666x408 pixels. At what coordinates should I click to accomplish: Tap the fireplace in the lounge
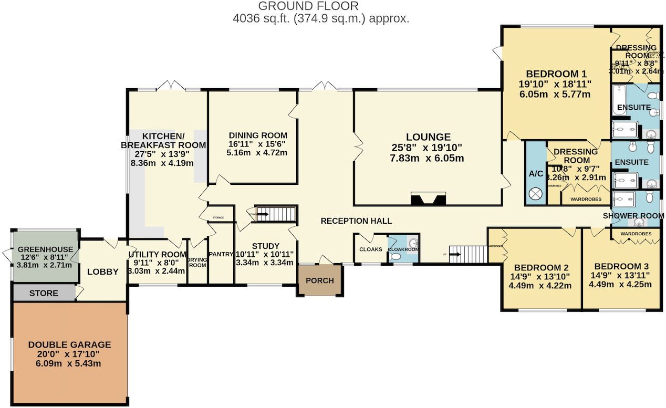[428, 198]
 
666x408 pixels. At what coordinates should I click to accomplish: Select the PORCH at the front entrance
[319, 280]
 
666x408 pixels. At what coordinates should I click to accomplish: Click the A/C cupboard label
[536, 173]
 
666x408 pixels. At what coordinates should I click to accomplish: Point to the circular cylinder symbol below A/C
[536, 194]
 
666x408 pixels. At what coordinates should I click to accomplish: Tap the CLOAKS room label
[370, 249]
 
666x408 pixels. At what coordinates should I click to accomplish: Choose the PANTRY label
[221, 254]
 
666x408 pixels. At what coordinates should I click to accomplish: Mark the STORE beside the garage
[44, 293]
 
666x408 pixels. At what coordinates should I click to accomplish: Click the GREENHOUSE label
[44, 249]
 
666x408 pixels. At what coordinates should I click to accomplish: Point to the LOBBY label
[102, 271]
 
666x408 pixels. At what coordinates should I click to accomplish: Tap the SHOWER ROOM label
[633, 216]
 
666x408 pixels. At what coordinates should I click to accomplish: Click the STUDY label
[265, 246]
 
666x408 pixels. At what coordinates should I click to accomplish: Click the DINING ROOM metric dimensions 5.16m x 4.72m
[257, 153]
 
